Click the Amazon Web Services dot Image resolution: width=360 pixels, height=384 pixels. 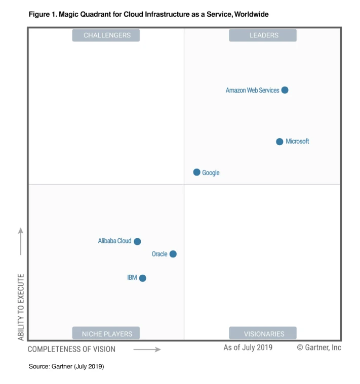click(x=285, y=90)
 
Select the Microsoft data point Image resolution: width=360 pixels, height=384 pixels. click(x=279, y=142)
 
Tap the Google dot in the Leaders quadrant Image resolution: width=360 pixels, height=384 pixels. click(x=197, y=172)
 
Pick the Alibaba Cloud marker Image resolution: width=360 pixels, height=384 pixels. click(x=137, y=241)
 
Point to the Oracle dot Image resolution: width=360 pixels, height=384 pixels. click(x=173, y=254)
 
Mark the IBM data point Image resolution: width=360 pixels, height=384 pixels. click(x=143, y=278)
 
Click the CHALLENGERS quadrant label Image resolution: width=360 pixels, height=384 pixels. click(x=106, y=35)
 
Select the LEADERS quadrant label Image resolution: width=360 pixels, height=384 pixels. click(x=263, y=35)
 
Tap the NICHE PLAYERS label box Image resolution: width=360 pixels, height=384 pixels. click(x=106, y=333)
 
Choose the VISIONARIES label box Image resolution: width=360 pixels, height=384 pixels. click(x=263, y=333)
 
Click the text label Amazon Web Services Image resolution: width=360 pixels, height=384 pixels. click(x=252, y=91)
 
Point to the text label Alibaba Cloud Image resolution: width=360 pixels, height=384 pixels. click(x=114, y=241)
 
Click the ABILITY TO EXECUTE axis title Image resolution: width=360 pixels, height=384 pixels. click(x=21, y=307)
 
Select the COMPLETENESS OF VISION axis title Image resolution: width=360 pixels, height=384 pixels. click(x=71, y=349)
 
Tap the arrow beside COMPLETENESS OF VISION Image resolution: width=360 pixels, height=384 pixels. click(x=147, y=349)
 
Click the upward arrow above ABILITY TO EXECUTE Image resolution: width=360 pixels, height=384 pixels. click(x=21, y=241)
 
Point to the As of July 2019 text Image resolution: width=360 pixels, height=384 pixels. click(x=248, y=348)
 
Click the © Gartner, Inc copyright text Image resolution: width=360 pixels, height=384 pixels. click(x=319, y=348)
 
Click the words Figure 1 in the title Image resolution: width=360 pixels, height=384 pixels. click(x=43, y=15)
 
